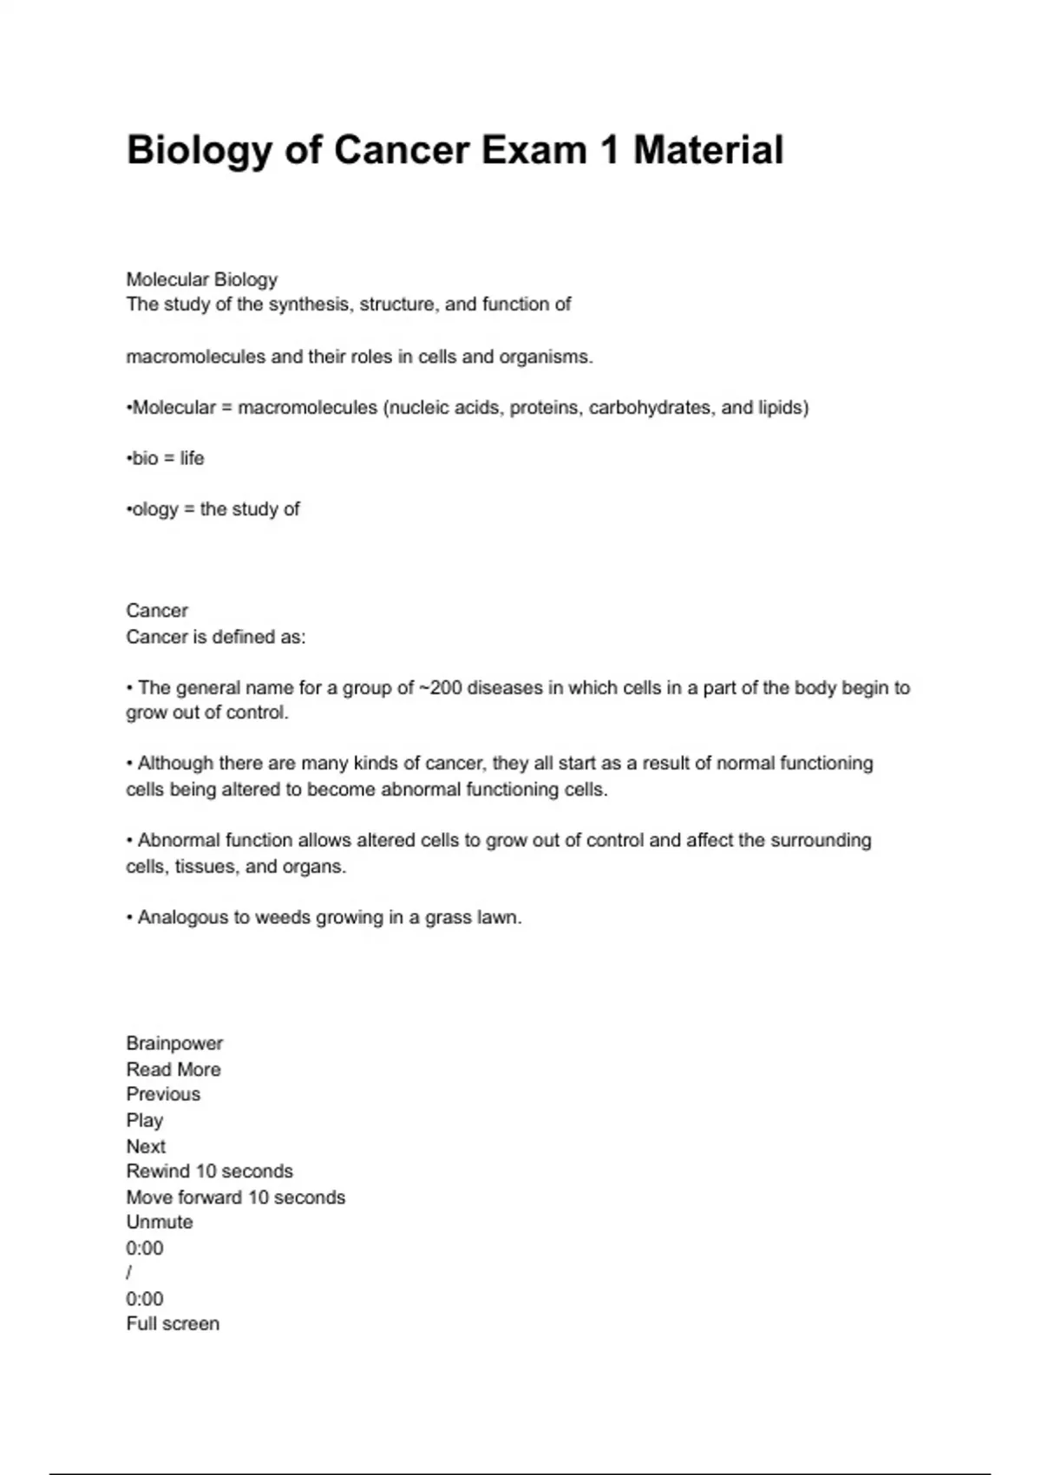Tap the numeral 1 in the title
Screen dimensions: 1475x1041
tap(609, 150)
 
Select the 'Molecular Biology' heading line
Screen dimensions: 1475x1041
tap(202, 279)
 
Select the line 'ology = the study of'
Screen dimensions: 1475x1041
tap(213, 509)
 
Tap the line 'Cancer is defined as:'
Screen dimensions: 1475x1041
tap(216, 637)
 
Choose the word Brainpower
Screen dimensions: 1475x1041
tap(174, 1043)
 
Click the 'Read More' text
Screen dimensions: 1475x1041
tap(173, 1069)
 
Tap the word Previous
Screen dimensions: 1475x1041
tap(163, 1094)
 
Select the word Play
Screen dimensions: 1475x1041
tap(145, 1120)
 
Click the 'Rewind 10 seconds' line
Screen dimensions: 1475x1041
tap(210, 1171)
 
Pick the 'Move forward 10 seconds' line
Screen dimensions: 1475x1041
tap(236, 1197)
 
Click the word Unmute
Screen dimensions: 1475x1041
tap(160, 1223)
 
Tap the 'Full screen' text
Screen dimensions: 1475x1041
tap(173, 1324)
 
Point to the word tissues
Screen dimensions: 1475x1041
tap(206, 867)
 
